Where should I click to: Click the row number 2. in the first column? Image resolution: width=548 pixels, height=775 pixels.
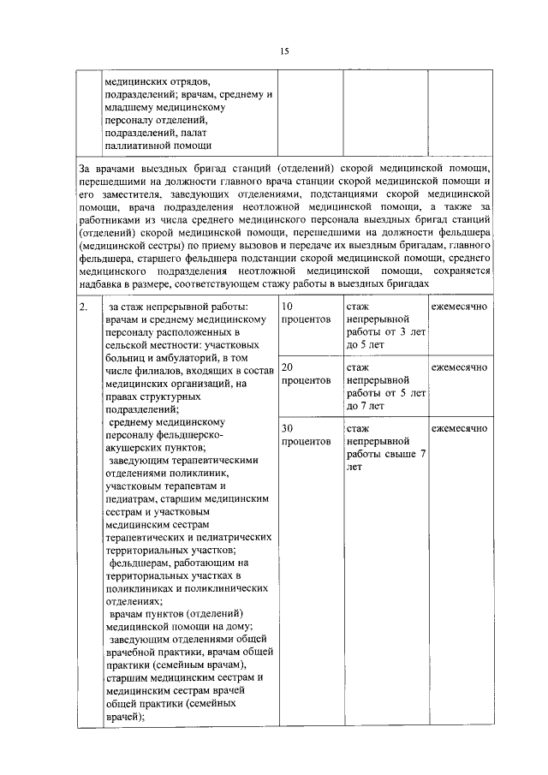83,307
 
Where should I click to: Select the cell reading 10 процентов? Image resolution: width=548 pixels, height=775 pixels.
306,313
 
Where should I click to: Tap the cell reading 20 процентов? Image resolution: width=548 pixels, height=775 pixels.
306,373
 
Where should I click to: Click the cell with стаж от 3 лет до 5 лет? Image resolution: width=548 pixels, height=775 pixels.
385,325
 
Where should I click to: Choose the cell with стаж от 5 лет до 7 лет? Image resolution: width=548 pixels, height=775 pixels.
385,386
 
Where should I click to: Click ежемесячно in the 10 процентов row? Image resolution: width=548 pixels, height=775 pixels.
459,307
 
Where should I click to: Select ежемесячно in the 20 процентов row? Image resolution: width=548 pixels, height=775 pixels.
459,367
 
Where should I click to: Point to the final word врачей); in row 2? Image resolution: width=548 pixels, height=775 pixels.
123,718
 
